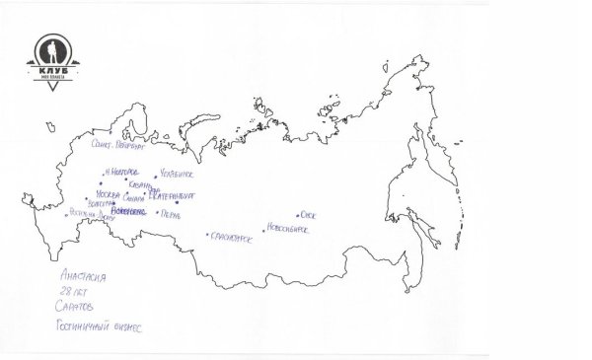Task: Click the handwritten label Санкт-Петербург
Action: tap(117, 145)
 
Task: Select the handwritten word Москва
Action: tap(108, 194)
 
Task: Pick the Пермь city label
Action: tap(171, 213)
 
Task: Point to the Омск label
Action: tap(308, 214)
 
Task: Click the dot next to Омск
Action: tap(297, 215)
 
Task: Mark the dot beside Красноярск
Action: tap(207, 235)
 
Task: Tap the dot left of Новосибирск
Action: tap(264, 230)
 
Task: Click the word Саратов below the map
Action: tap(76, 308)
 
